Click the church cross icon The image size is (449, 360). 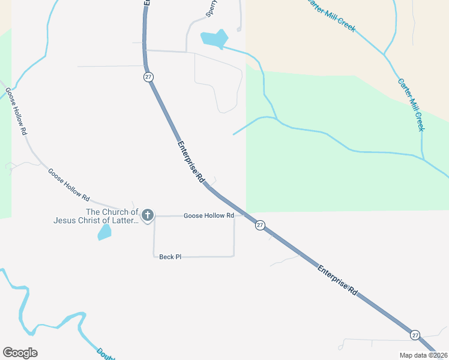point(148,215)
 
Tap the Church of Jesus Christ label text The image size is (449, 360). point(96,216)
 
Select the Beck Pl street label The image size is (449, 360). point(170,257)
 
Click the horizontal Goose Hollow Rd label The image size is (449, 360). point(208,215)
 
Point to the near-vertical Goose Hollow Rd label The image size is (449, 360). point(16,111)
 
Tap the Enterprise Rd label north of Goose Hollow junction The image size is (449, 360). point(191,162)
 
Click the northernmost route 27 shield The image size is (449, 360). point(148,77)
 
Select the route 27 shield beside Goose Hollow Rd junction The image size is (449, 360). point(259,225)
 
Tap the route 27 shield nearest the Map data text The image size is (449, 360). point(415,334)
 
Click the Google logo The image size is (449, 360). point(20,353)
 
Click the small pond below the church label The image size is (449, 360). point(104,232)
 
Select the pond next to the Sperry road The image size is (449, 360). point(214,38)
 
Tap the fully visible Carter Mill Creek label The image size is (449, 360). point(411,105)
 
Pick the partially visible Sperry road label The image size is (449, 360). point(211,8)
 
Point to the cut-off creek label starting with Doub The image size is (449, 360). point(106,353)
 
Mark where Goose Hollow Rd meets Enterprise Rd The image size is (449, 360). point(245,215)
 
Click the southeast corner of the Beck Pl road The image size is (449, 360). point(234,256)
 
